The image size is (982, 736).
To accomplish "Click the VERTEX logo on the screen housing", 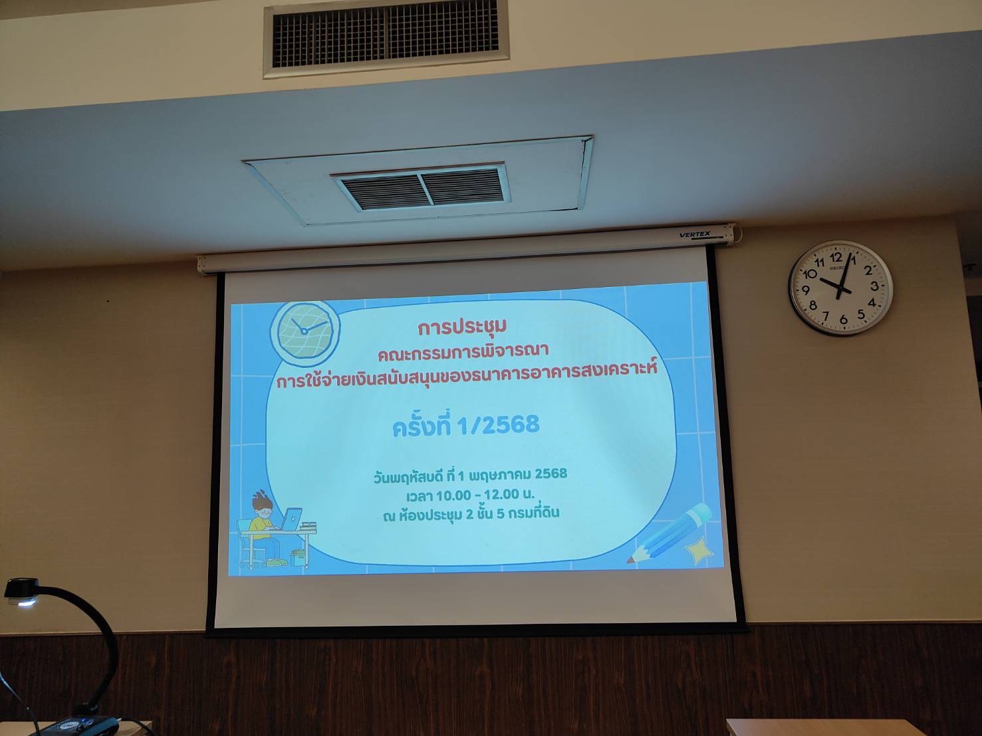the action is (694, 234).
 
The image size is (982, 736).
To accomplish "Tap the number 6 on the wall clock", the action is (843, 319).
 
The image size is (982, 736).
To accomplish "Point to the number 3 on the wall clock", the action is (874, 286).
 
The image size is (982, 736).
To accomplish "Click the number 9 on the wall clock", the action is (806, 290).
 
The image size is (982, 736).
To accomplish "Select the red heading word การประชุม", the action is (462, 327).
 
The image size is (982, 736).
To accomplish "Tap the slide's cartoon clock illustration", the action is (305, 329).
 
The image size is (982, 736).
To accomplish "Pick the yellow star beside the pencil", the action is (700, 550).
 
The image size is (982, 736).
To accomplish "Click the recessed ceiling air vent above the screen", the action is (421, 187).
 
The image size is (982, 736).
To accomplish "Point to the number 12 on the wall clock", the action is (836, 257).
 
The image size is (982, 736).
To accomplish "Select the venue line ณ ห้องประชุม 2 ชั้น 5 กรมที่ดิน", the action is (471, 514).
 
